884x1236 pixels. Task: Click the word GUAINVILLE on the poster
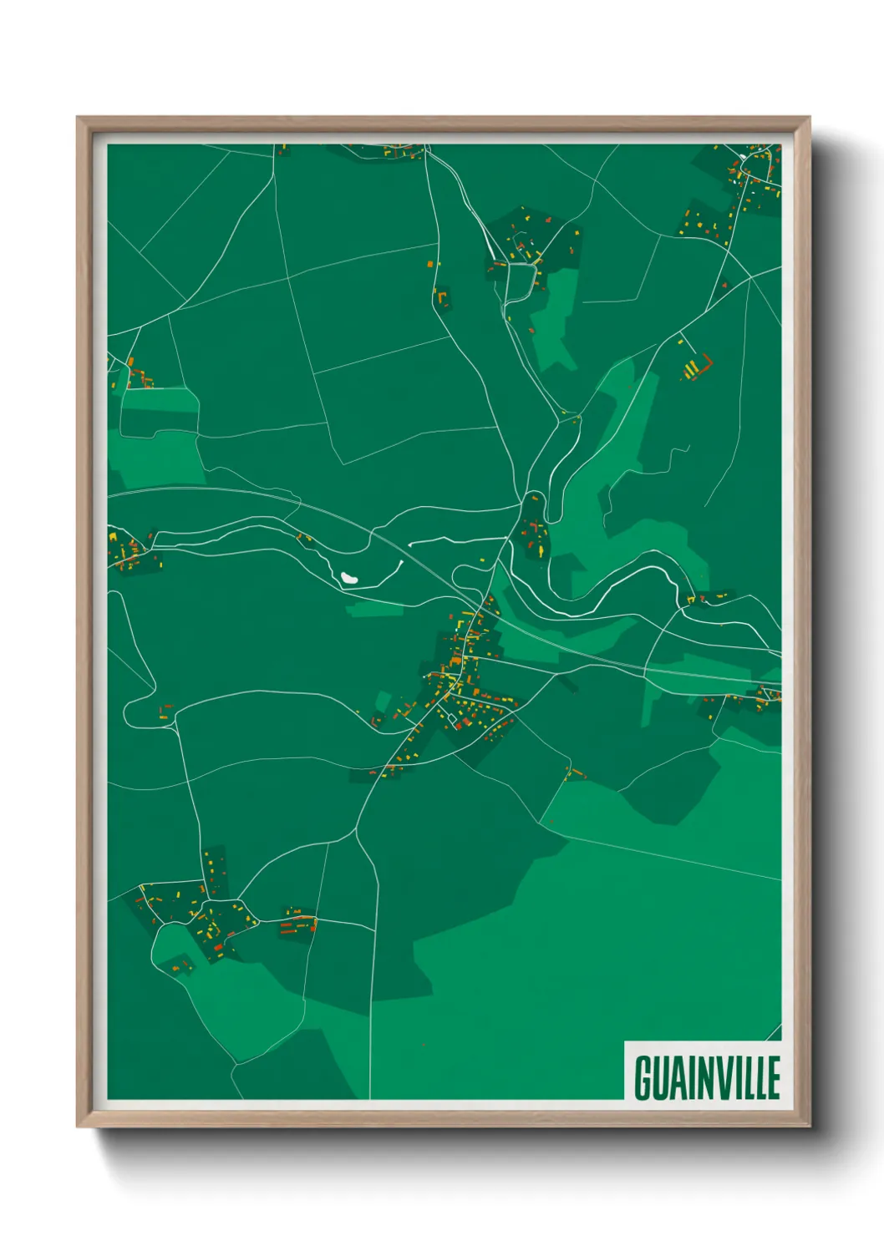[x=707, y=1077]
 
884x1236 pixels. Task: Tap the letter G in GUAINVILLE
[x=643, y=1077]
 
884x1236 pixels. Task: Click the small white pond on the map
[x=349, y=577]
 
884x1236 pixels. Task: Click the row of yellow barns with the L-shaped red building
[x=696, y=367]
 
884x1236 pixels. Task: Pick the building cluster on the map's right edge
[x=748, y=697]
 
